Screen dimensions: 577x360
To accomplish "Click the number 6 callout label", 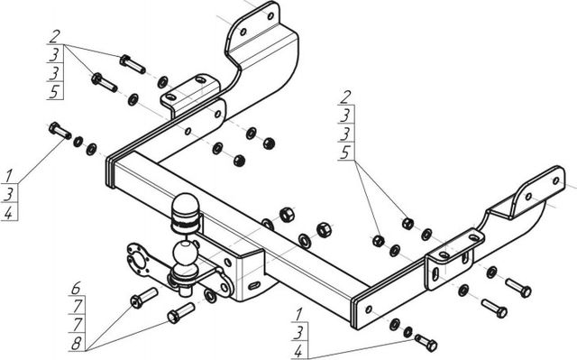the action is (x=76, y=288).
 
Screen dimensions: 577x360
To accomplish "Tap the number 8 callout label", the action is (x=76, y=344).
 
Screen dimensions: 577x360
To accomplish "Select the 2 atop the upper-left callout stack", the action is (x=54, y=37).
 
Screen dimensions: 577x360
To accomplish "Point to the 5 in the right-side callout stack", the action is (x=345, y=152).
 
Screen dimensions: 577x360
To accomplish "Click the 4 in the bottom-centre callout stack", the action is (x=298, y=352).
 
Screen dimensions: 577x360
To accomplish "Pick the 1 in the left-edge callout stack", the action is (x=8, y=176).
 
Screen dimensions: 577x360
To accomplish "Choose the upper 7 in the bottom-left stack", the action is (x=77, y=306).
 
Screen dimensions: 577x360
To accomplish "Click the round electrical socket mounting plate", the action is (x=138, y=259).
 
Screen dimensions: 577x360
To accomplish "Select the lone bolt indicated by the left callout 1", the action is (x=60, y=130).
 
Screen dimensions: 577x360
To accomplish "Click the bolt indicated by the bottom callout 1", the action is (x=426, y=342).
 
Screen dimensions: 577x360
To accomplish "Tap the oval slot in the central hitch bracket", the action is (x=254, y=285).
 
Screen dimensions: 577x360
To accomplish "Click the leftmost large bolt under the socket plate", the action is (x=144, y=298).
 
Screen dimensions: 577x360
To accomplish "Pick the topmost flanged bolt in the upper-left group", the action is (x=133, y=64).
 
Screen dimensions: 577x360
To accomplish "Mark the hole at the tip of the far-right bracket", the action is (x=556, y=180).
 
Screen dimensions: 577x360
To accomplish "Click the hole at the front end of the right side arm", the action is (x=369, y=309).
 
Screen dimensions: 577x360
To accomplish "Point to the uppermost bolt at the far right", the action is (x=518, y=288).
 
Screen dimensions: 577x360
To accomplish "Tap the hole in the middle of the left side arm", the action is (x=188, y=131).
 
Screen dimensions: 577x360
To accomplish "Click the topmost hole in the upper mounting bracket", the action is (x=270, y=16).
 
